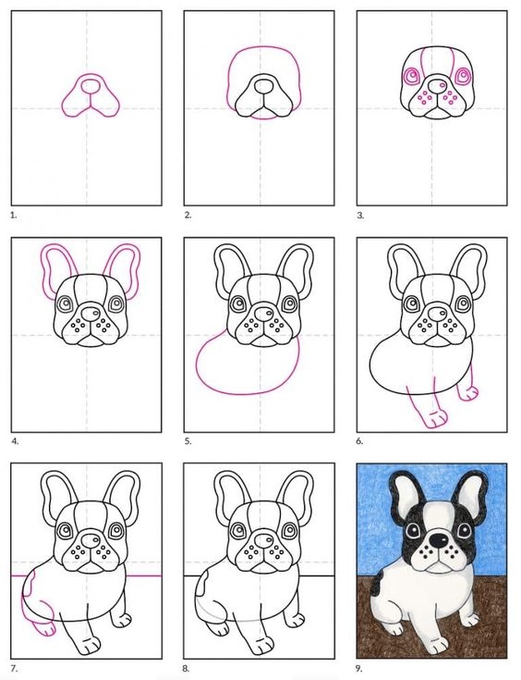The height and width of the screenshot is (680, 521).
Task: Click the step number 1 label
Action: coord(14,215)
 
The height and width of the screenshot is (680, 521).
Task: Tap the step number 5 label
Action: coord(188,441)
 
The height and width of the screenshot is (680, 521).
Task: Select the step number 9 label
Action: coord(359,668)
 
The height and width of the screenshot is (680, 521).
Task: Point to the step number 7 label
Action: coord(15,668)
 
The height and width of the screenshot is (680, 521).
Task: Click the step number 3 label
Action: coord(360,215)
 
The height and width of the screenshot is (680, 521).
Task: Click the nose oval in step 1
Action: coord(91,85)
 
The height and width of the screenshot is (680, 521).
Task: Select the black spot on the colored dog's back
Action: coord(376,582)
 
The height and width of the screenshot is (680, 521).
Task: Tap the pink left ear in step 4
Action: coord(56,268)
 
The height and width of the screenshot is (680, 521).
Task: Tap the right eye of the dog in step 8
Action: coord(290,530)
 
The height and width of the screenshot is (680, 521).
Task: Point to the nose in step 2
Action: coord(262,85)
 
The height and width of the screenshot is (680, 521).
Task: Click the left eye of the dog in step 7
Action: coord(65,529)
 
